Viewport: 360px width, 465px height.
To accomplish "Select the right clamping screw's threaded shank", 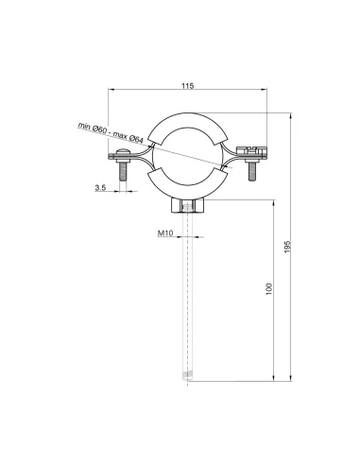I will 249,174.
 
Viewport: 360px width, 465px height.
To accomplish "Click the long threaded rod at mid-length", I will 186,293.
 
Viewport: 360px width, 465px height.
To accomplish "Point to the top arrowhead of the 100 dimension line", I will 276,199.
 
